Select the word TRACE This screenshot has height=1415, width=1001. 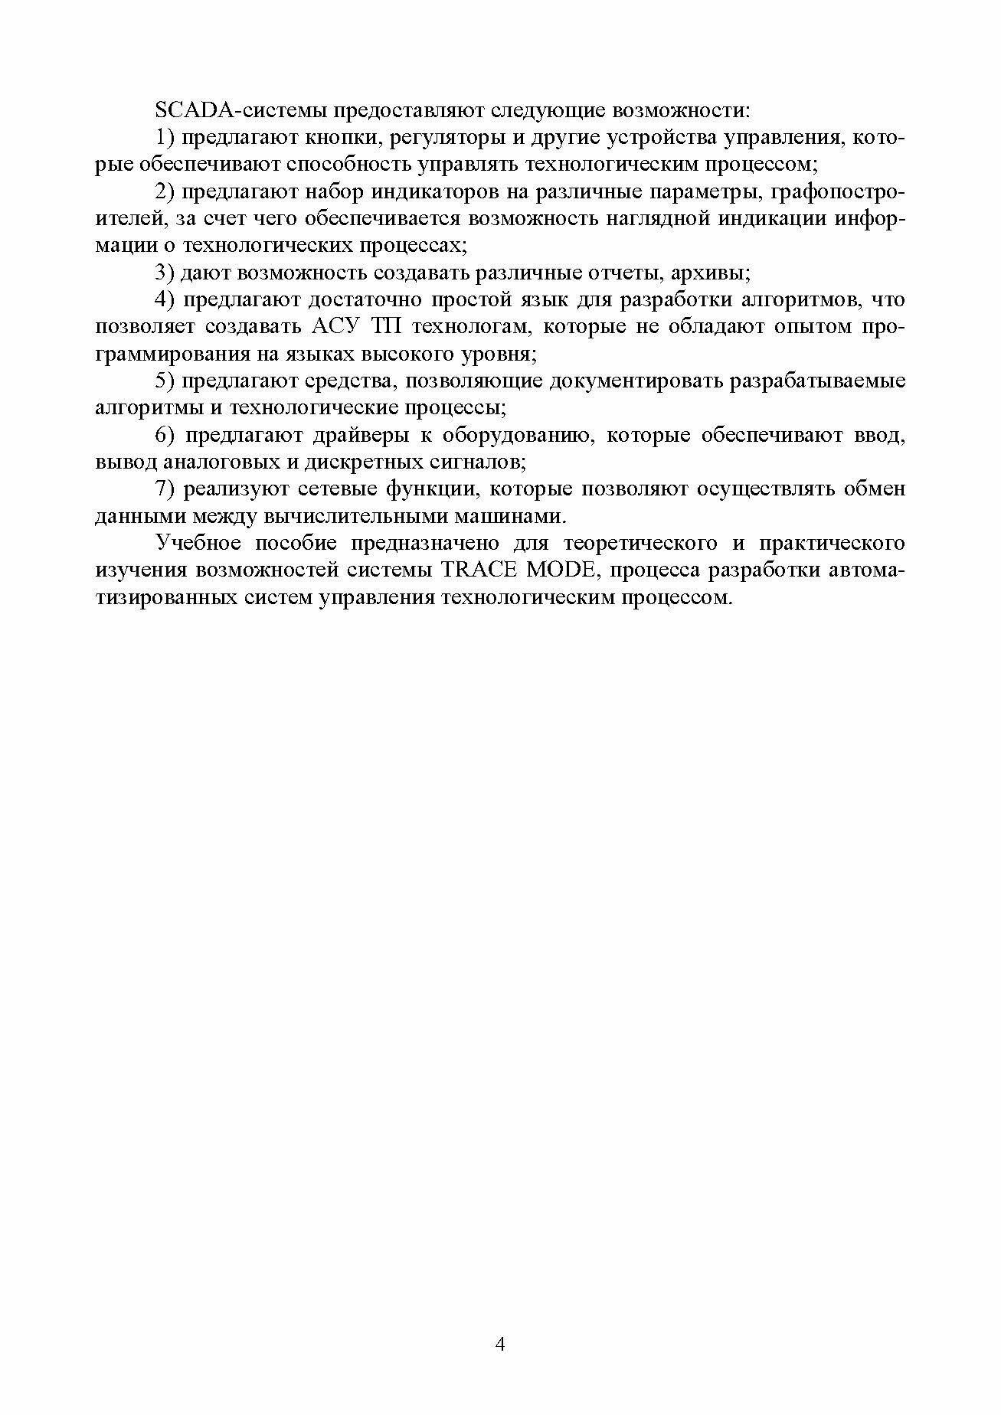pos(476,571)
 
